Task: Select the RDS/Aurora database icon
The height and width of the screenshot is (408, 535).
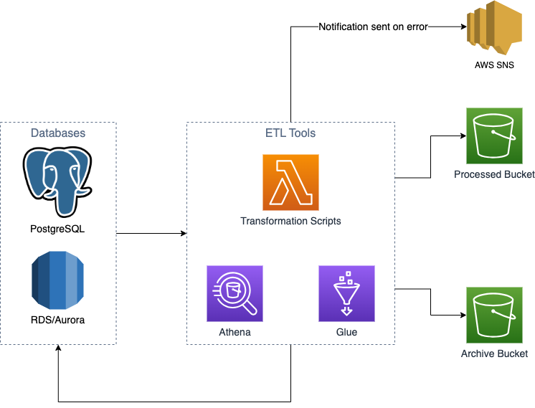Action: tap(57, 280)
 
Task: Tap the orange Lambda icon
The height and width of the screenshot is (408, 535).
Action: tap(290, 182)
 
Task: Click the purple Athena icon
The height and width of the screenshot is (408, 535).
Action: tap(235, 293)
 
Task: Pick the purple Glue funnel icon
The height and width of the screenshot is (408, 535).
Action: tap(346, 293)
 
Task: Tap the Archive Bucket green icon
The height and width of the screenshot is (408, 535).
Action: tap(494, 314)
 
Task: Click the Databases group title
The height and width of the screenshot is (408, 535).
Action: tap(58, 133)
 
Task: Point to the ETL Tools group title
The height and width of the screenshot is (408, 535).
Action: tap(290, 133)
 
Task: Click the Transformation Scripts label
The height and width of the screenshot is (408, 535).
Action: tap(290, 221)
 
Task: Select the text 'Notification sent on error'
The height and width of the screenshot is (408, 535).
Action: tap(373, 27)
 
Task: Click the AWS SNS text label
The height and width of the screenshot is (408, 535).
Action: tap(495, 65)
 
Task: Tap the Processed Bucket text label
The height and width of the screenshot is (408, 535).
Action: tap(494, 174)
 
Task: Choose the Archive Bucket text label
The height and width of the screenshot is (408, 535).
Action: tap(494, 354)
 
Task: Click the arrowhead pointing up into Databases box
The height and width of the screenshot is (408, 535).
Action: tap(58, 349)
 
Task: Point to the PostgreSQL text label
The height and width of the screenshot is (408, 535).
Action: tap(57, 229)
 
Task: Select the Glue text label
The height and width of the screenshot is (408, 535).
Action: tap(346, 333)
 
